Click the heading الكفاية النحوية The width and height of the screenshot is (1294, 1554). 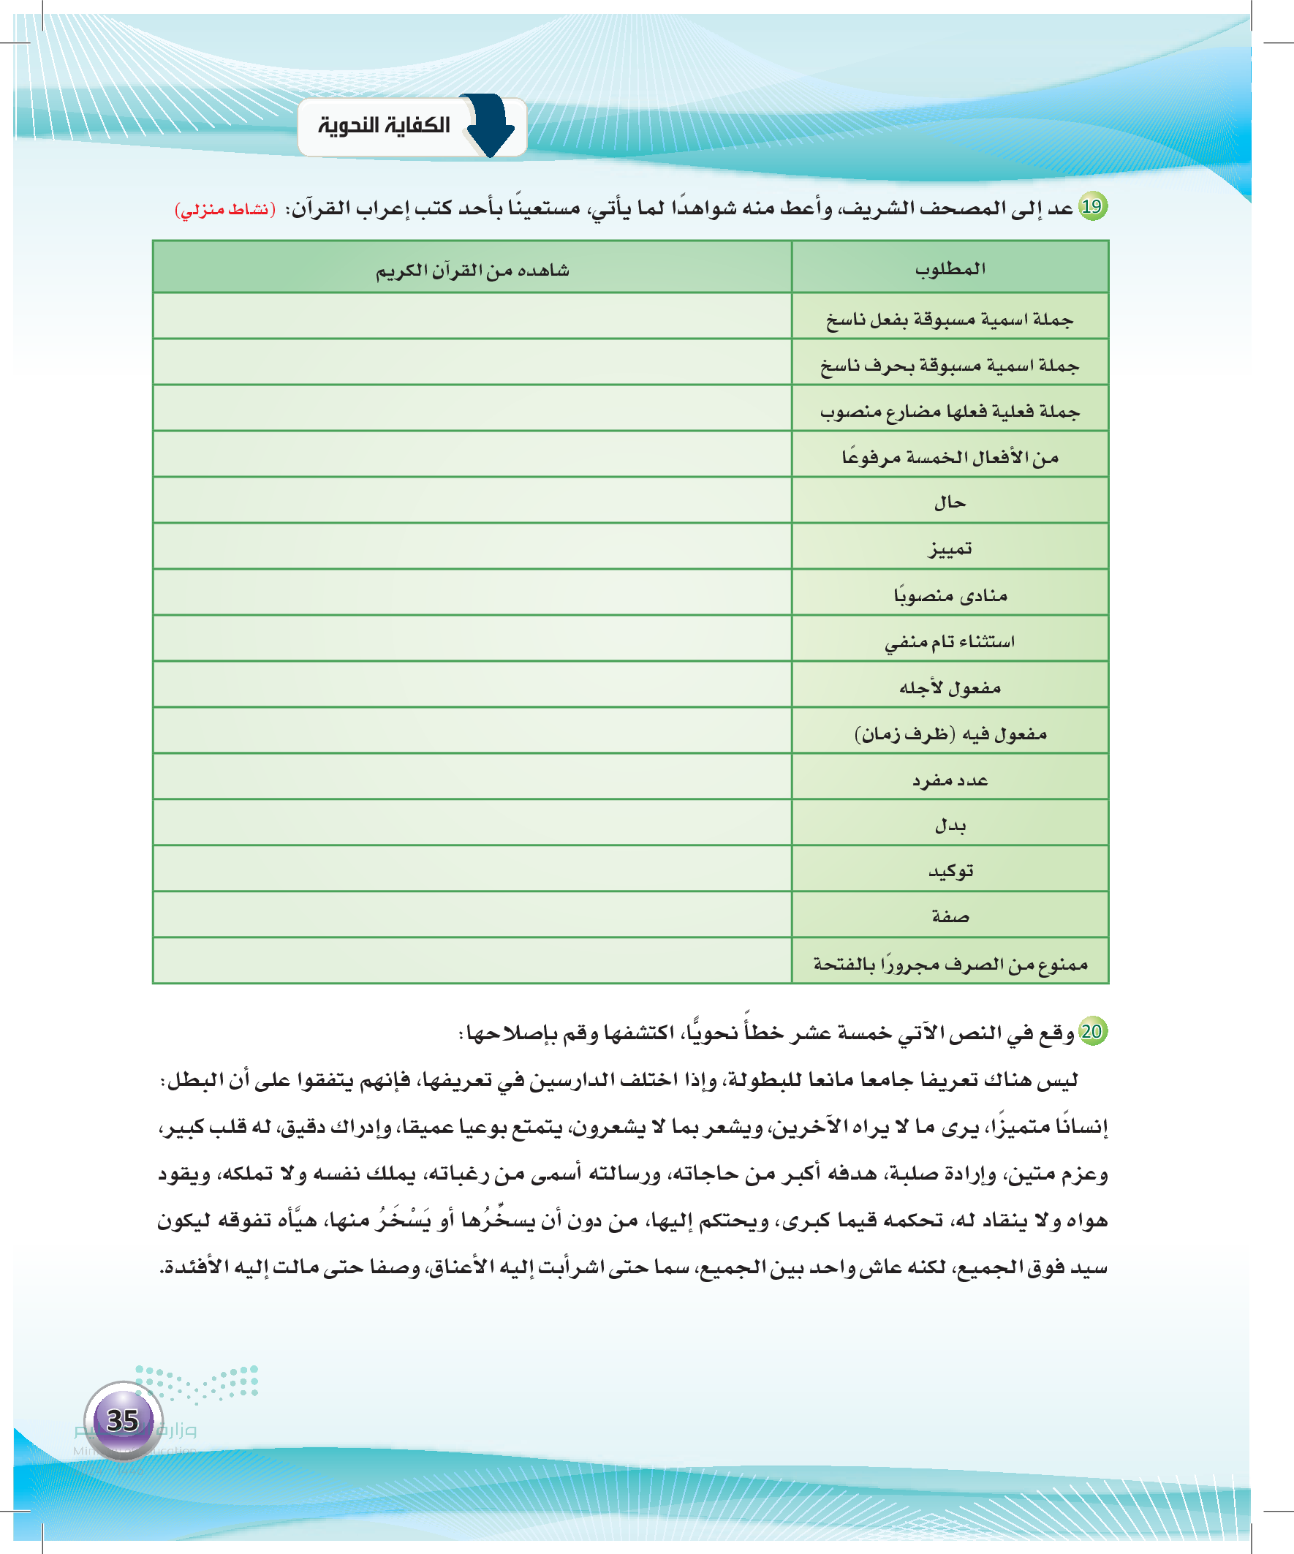click(x=384, y=126)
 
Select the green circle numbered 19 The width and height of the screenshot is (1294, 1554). click(x=1092, y=206)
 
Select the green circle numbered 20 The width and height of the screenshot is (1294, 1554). click(x=1092, y=1031)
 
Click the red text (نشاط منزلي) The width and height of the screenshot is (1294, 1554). click(x=225, y=210)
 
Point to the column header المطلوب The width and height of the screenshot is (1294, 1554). click(x=950, y=268)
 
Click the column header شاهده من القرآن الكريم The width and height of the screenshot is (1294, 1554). click(x=472, y=270)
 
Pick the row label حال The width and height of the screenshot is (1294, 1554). click(x=950, y=502)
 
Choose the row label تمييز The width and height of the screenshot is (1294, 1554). click(x=950, y=548)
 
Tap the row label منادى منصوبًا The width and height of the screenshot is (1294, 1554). click(x=950, y=595)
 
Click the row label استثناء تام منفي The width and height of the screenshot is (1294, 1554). click(x=950, y=641)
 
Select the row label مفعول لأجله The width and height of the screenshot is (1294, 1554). click(x=950, y=687)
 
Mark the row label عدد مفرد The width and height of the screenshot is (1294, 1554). click(x=950, y=780)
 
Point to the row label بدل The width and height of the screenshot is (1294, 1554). click(x=950, y=824)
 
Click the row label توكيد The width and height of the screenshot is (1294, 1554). click(x=950, y=871)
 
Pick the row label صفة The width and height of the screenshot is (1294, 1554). click(x=950, y=917)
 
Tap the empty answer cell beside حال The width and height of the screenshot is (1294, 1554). click(x=472, y=500)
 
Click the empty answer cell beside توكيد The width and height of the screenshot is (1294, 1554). click(x=472, y=869)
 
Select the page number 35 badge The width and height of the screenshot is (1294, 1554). click(x=123, y=1420)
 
